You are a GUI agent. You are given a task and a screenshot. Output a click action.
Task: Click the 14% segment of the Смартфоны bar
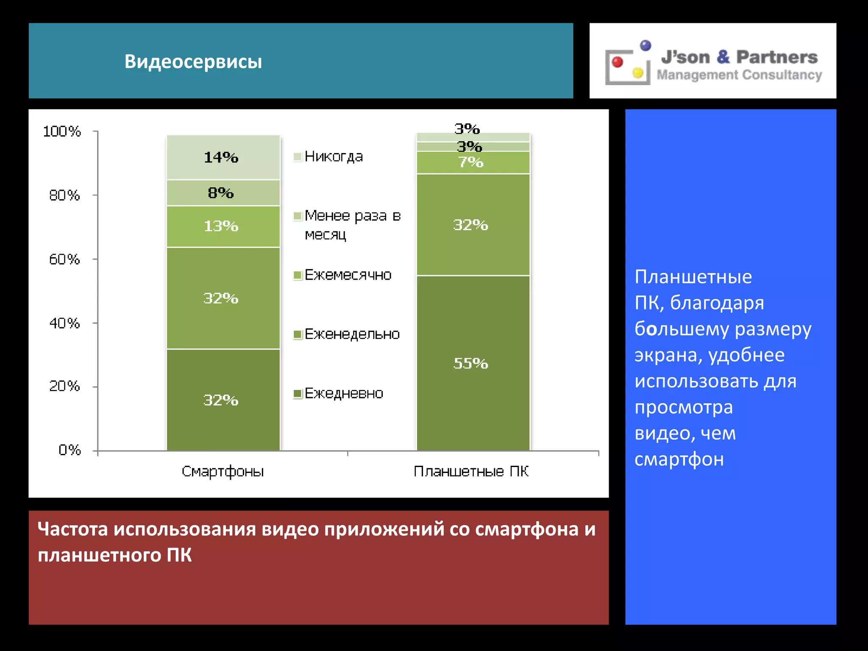click(x=223, y=157)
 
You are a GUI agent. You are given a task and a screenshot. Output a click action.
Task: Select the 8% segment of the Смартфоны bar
click(x=223, y=193)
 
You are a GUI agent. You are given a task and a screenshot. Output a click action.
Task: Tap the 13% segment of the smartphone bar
click(x=223, y=226)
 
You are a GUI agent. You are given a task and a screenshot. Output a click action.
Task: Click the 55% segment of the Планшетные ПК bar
click(x=473, y=363)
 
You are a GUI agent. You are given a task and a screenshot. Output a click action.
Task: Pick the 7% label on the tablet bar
click(x=471, y=162)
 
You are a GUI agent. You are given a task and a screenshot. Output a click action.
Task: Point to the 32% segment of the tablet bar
click(x=473, y=225)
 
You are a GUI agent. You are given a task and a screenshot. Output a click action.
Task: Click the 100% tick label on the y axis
click(x=62, y=131)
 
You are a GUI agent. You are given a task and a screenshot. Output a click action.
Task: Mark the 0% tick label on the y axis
click(x=70, y=450)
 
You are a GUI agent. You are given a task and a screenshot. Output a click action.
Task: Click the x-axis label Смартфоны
click(x=223, y=471)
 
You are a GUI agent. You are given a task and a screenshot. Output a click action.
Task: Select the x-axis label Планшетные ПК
click(x=471, y=471)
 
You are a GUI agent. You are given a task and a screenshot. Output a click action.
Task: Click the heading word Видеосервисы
click(x=193, y=61)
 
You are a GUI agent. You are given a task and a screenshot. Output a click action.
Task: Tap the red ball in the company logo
click(x=618, y=62)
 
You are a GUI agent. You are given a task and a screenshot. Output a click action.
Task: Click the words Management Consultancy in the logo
click(x=739, y=75)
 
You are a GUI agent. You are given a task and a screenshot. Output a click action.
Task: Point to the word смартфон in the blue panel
click(x=679, y=459)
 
